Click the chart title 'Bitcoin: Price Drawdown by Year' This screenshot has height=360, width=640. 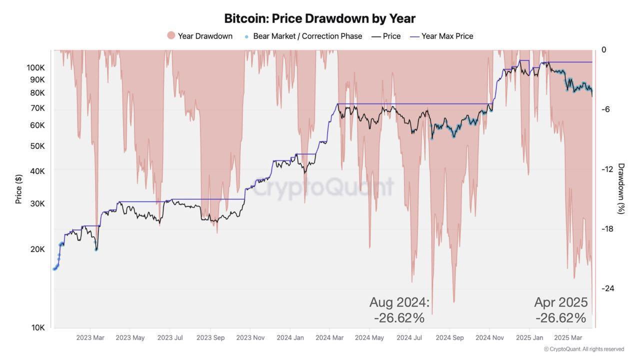click(x=319, y=18)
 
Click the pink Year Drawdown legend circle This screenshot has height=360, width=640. click(x=171, y=35)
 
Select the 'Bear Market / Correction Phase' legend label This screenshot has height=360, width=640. click(x=307, y=36)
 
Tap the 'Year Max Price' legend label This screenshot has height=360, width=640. click(x=447, y=36)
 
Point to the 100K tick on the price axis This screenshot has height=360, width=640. click(x=35, y=67)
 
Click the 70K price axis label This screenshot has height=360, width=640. click(x=37, y=108)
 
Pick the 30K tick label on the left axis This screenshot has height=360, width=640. click(x=37, y=203)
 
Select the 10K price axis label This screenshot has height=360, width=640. click(x=37, y=327)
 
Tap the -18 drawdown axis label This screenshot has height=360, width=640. click(x=607, y=229)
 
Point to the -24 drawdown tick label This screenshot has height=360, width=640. click(x=607, y=288)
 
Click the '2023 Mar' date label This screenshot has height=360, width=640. click(x=90, y=337)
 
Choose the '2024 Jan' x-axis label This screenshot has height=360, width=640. click(x=290, y=337)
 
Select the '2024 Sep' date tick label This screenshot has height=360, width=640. click(x=449, y=337)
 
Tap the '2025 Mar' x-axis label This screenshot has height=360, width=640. click(x=568, y=337)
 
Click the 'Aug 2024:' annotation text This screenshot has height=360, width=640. click(x=399, y=302)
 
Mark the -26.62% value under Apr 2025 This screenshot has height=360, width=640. click(x=561, y=318)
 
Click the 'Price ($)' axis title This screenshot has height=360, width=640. click(x=18, y=189)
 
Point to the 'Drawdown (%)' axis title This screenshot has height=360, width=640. click(x=621, y=188)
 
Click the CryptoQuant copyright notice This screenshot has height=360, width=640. click(x=584, y=349)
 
